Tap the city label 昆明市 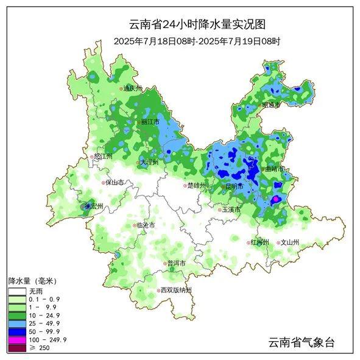point(234,186)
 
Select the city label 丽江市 point(149,122)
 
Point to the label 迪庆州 point(132,88)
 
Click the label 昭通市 point(271,105)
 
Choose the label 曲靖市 point(272,169)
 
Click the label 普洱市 point(176,263)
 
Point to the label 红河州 point(260,242)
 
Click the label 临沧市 point(145,225)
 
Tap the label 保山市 point(115,182)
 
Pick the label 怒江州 point(104,157)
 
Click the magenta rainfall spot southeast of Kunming point(275,199)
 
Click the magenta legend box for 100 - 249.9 point(17,339)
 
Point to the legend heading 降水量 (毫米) point(32,281)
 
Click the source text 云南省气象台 point(302,342)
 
